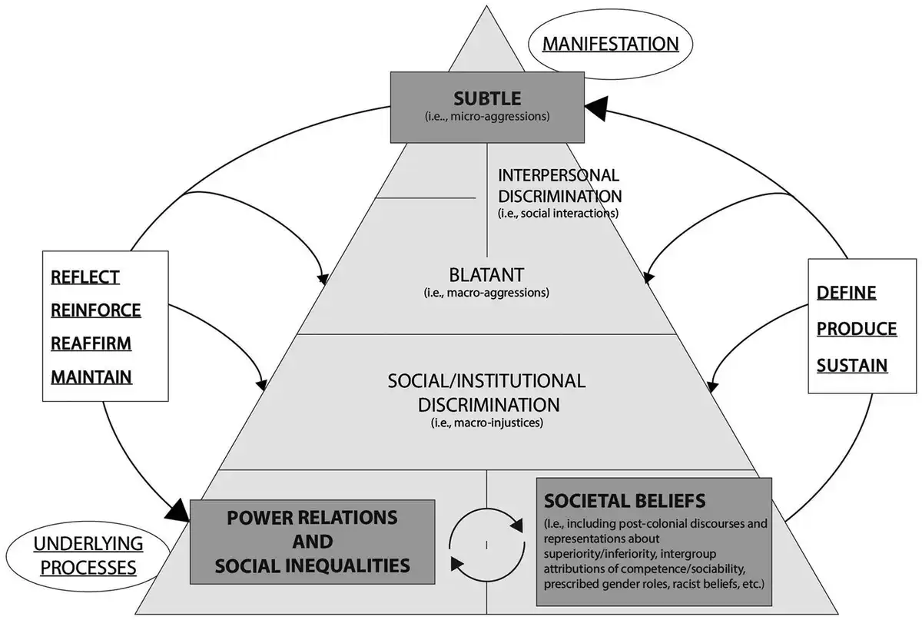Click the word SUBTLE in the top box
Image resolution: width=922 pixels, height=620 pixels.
pyautogui.click(x=487, y=98)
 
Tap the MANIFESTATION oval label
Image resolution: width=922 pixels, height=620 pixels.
pyautogui.click(x=610, y=44)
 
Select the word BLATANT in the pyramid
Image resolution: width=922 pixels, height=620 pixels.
pyautogui.click(x=486, y=275)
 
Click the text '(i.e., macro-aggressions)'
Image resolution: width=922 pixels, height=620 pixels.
pyautogui.click(x=486, y=293)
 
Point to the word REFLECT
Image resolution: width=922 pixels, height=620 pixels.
pyautogui.click(x=85, y=277)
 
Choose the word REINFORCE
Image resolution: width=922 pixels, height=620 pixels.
pyautogui.click(x=96, y=310)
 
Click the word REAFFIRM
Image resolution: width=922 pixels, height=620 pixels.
pyautogui.click(x=91, y=343)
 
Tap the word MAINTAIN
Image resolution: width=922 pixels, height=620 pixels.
pyautogui.click(x=91, y=377)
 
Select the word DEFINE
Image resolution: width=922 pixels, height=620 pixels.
pyautogui.click(x=846, y=293)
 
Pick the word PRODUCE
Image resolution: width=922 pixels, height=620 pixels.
pyautogui.click(x=857, y=329)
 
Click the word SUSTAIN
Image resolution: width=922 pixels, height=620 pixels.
pyautogui.click(x=852, y=366)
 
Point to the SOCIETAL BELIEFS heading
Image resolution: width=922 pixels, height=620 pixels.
pyautogui.click(x=625, y=501)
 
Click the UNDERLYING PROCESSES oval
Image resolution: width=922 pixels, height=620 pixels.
pyautogui.click(x=88, y=555)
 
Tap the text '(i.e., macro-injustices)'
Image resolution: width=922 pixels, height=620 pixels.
pyautogui.click(x=487, y=423)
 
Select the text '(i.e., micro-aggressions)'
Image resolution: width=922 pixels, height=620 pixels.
pyautogui.click(x=487, y=117)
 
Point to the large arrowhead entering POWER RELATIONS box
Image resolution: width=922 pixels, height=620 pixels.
pyautogui.click(x=177, y=511)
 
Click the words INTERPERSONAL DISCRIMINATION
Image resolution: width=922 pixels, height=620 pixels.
pyautogui.click(x=560, y=186)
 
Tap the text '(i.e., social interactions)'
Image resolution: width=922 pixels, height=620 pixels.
pyautogui.click(x=558, y=214)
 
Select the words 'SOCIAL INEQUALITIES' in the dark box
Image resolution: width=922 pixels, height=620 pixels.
pyautogui.click(x=313, y=565)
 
